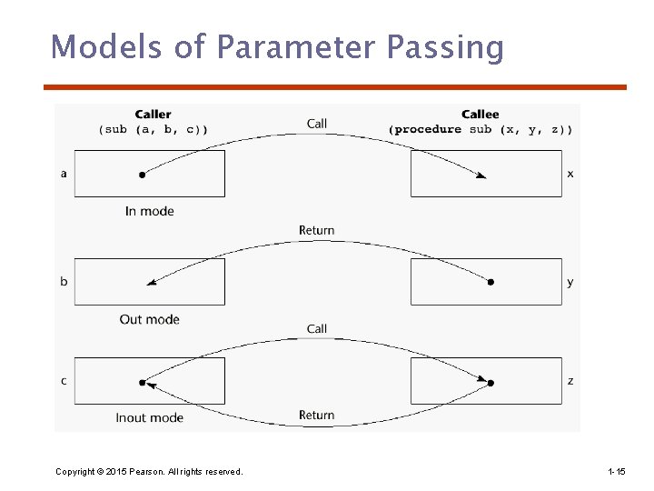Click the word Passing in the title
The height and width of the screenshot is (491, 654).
point(448,47)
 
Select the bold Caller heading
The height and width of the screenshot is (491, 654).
point(153,115)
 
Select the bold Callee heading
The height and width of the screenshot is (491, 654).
point(480,115)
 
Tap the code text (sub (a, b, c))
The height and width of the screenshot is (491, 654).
point(153,129)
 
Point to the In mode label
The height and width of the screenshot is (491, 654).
point(149,211)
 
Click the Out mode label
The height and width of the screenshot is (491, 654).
point(149,319)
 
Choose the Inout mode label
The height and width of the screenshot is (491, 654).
point(149,417)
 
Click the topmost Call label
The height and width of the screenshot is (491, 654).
point(317,124)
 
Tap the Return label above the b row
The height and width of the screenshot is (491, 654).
point(316,230)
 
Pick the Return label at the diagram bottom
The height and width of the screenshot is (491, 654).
point(316,416)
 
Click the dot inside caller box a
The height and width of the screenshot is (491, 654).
point(142,174)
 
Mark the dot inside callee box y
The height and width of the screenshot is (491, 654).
point(490,282)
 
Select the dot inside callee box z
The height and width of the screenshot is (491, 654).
point(490,383)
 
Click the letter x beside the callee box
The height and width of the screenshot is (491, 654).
point(570,174)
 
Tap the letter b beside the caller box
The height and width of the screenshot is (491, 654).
point(64,282)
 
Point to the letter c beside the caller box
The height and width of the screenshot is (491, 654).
point(64,381)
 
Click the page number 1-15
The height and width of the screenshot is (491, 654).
point(616,471)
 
